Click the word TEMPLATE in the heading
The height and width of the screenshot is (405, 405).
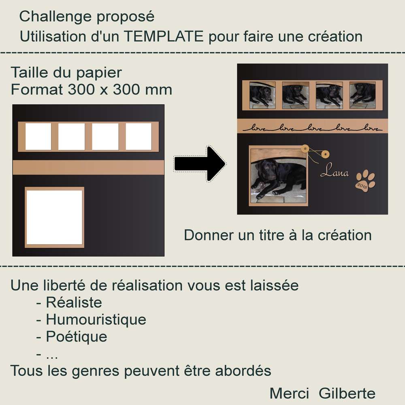[x=163, y=36]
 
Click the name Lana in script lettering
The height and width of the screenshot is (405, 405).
[x=335, y=173]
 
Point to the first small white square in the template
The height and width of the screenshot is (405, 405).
[x=38, y=136]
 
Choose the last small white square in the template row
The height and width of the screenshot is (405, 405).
[x=139, y=136]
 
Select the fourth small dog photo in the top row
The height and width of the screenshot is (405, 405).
[x=362, y=95]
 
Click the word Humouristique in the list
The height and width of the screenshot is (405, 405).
[x=96, y=320]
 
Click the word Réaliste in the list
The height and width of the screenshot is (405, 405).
[x=74, y=302]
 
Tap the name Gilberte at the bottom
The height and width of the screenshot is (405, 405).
[x=347, y=393]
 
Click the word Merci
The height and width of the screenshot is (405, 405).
[x=289, y=393]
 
